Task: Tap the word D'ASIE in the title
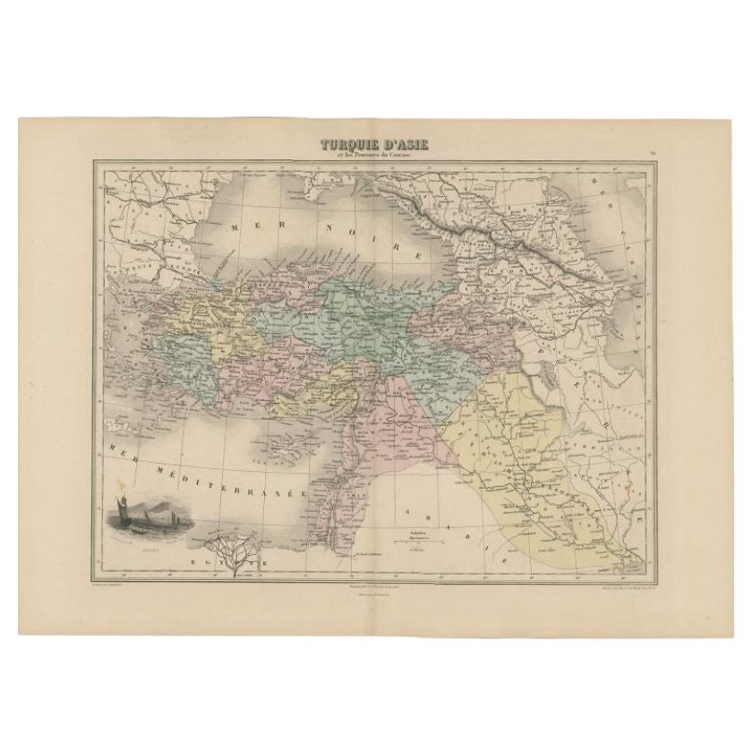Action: point(405,143)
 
